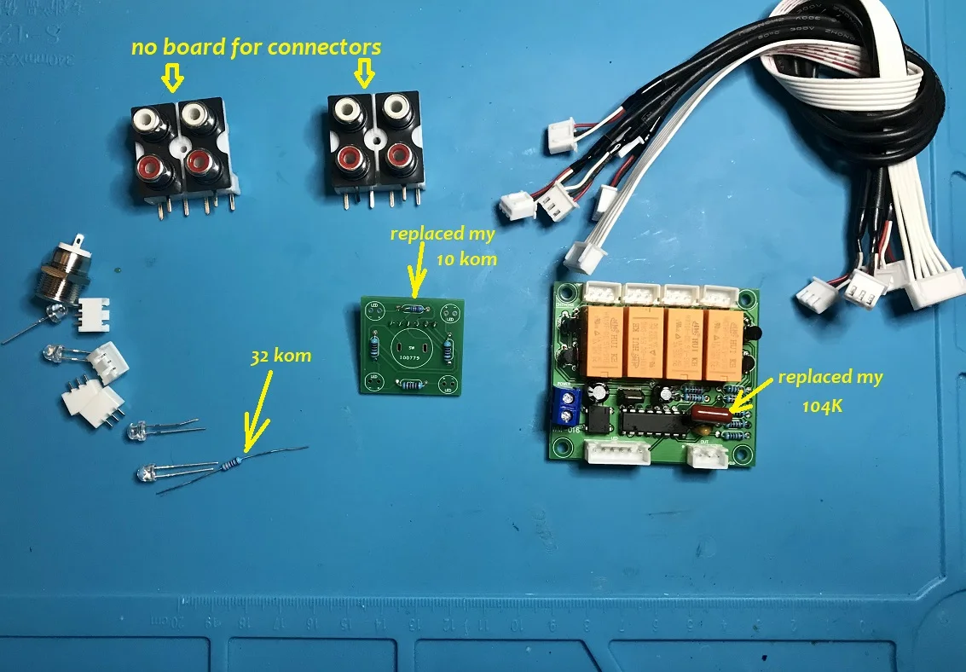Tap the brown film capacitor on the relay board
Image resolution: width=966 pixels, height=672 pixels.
[709, 414]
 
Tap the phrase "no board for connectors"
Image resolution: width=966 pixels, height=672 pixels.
[256, 47]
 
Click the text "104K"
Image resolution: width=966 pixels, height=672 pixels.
[823, 407]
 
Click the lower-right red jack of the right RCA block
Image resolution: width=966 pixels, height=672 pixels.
[396, 156]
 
